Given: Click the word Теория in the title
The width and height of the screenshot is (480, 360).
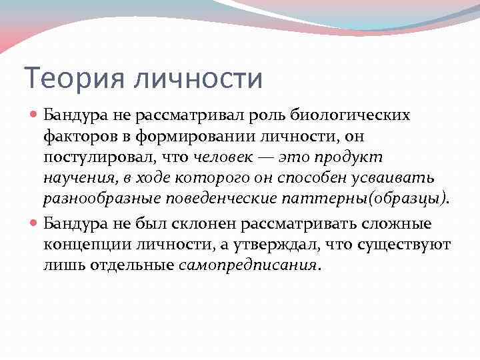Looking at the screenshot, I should (73, 78).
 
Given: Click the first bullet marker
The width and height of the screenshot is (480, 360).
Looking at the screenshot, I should (35, 115).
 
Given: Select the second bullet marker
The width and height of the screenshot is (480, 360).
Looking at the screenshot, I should (35, 223).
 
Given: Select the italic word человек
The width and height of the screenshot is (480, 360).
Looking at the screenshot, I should (223, 158).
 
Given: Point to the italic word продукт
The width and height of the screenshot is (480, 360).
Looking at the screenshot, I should (353, 158).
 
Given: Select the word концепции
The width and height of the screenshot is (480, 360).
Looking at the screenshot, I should (83, 245).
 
